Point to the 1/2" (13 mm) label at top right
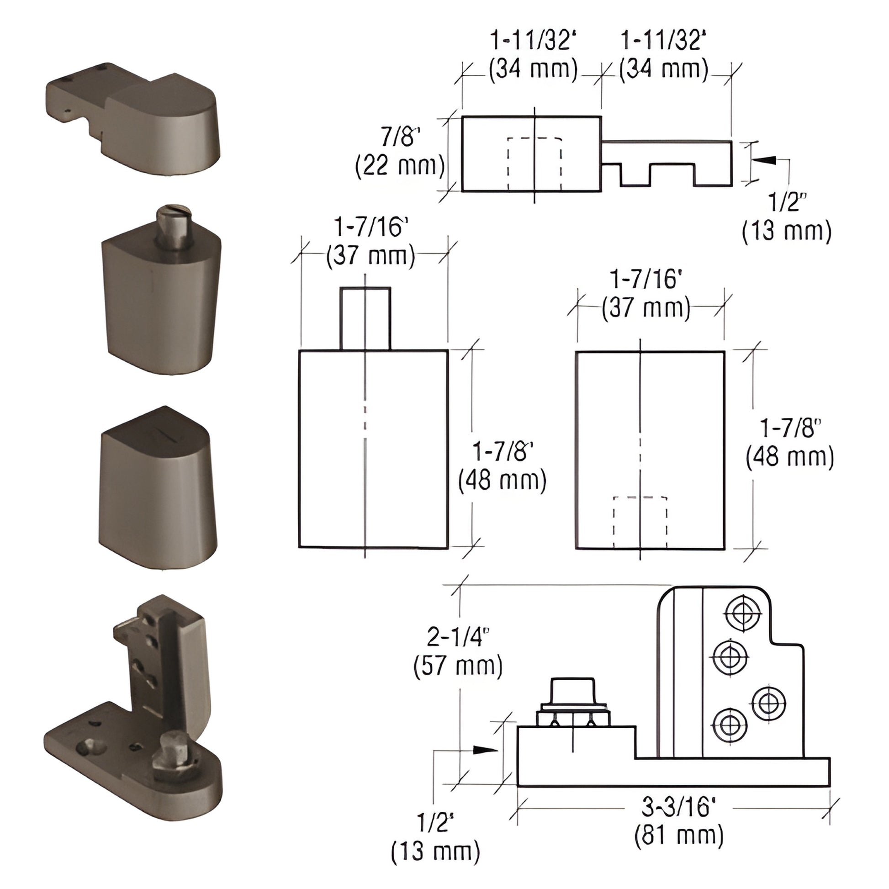click(787, 217)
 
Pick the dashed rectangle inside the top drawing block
click(534, 163)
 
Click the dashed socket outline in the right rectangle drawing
click(640, 522)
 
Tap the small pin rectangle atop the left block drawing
click(365, 318)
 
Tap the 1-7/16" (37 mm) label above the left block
click(371, 241)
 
